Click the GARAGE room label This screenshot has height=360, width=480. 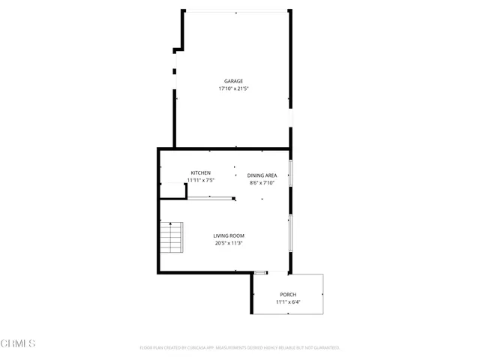click(233, 81)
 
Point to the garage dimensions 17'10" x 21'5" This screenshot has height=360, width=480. click(233, 88)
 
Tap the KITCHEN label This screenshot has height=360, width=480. click(200, 173)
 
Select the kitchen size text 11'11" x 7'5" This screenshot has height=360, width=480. click(200, 181)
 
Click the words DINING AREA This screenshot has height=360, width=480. click(262, 175)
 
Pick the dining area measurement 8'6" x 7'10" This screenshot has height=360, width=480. click(262, 183)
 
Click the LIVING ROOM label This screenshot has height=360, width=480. click(229, 235)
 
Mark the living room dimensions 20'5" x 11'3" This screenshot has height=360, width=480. click(229, 243)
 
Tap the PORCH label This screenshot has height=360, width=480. click(288, 294)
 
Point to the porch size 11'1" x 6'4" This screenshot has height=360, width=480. click(288, 301)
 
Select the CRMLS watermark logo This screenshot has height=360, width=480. click(18, 344)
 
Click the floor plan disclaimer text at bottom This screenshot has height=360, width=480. click(240, 348)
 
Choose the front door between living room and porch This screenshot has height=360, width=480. click(260, 272)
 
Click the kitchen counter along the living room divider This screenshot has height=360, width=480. click(211, 198)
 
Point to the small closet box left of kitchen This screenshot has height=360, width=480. click(173, 190)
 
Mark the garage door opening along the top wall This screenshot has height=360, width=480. click(236, 11)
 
